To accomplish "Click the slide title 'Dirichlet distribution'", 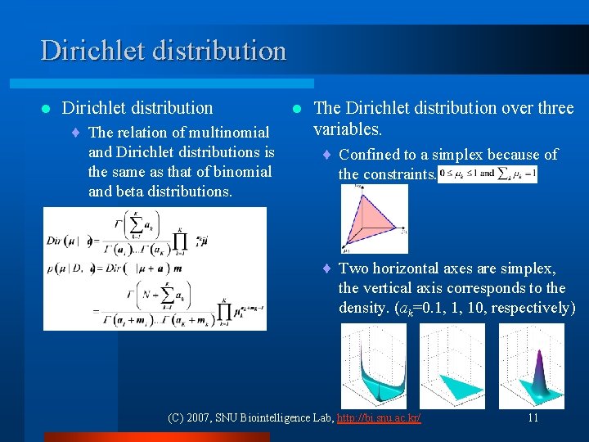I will pyautogui.click(x=164, y=51).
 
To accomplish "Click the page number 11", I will pyautogui.click(x=533, y=417).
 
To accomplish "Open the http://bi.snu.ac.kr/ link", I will pyautogui.click(x=380, y=417).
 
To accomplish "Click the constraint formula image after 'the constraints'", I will pyautogui.click(x=488, y=174).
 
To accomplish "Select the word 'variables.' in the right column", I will pyautogui.click(x=348, y=129).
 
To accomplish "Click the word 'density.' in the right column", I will pyautogui.click(x=364, y=308).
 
